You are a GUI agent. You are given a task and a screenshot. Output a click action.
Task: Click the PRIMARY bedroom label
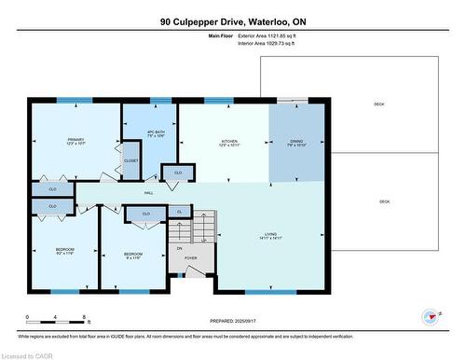pos(75,141)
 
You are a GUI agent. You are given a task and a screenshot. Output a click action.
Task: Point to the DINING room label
pos(297,141)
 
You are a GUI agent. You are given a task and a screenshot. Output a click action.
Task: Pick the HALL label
pos(148,194)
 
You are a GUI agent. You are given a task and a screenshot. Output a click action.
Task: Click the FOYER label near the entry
pos(190,258)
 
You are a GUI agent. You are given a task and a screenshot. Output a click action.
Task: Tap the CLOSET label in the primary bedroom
pos(131,160)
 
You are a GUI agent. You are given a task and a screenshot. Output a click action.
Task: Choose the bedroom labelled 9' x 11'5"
pos(134,254)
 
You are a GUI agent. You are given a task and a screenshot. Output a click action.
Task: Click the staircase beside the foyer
pos(201,228)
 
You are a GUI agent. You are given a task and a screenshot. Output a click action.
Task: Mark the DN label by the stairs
pos(180,248)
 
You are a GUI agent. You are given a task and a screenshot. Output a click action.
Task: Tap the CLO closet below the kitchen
pos(178,173)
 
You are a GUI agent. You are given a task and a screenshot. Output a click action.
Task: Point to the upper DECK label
pos(379,104)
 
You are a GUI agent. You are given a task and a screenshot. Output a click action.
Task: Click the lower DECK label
pos(384,201)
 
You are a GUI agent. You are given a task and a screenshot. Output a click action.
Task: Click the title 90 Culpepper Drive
pos(233,21)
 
